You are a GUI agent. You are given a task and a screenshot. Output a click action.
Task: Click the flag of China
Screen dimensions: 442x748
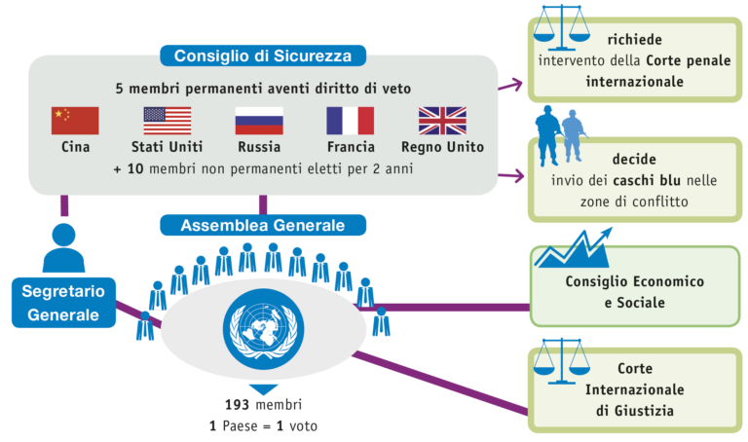pos(76,121)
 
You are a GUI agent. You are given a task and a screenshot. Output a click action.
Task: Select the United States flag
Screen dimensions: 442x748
pos(168,121)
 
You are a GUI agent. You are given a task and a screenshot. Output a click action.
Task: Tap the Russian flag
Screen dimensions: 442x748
pos(259,121)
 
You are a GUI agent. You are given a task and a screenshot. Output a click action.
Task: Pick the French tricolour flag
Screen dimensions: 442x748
pos(350,121)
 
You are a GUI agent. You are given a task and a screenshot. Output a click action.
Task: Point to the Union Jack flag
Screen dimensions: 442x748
pos(442,121)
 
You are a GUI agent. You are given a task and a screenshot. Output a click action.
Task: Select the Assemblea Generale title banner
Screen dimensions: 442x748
pos(263,225)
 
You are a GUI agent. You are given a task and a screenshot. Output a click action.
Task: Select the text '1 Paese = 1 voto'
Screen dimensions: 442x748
pos(263,425)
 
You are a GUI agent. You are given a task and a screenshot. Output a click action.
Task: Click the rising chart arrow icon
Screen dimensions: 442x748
pos(575,248)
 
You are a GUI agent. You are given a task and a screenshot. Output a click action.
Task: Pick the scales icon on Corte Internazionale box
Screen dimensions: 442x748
pos(566,363)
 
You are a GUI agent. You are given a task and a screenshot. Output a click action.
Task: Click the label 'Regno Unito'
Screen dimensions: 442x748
pos(442,148)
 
